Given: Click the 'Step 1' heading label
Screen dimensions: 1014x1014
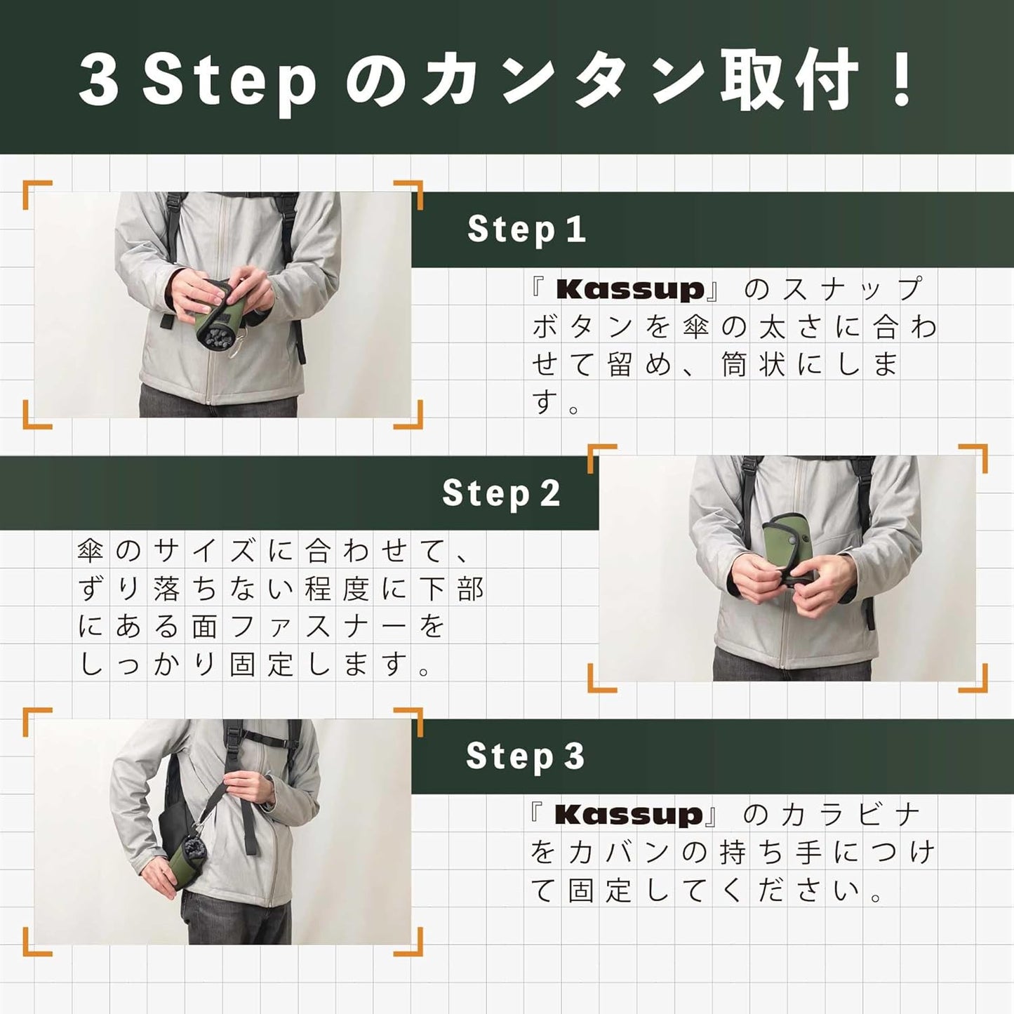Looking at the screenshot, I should coord(526,229).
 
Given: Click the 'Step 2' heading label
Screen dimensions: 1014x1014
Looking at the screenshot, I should coord(501,493).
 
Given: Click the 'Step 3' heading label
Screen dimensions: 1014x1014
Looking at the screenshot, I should coord(525,756).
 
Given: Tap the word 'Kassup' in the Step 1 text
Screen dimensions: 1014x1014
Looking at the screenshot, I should coord(629,289).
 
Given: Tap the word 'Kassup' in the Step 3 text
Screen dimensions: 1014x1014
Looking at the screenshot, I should coord(628,815).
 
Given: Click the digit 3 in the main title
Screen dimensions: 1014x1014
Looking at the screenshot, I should coord(99,79).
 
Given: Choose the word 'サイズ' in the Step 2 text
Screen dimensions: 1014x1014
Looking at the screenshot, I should coord(204,551).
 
